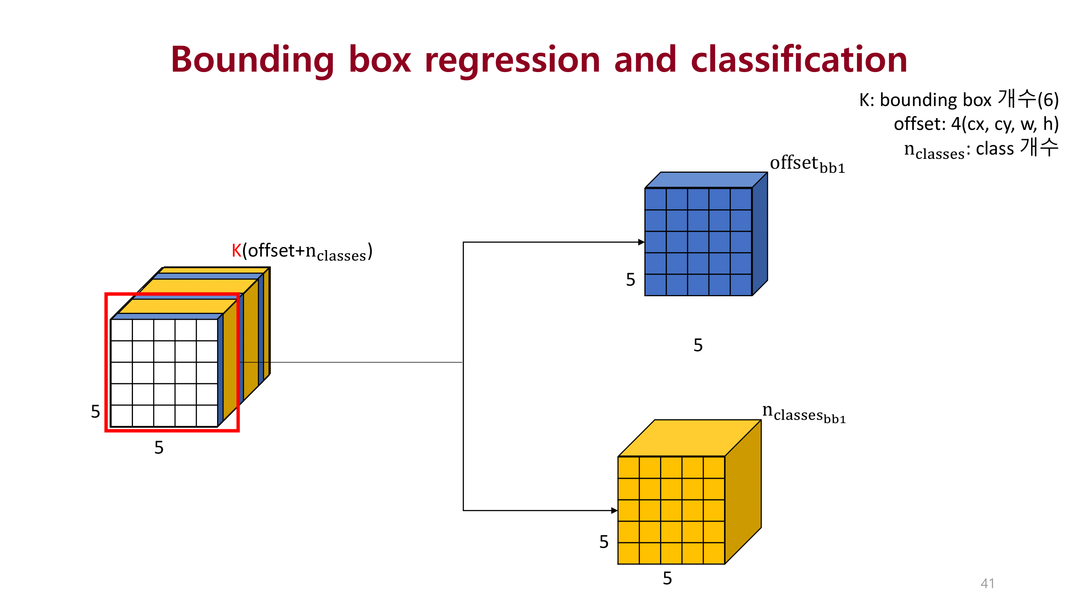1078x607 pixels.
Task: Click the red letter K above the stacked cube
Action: [236, 250]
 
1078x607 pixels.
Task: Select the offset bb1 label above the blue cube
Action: [807, 163]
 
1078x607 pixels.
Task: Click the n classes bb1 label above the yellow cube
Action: [804, 413]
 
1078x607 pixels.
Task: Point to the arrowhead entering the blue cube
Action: [641, 242]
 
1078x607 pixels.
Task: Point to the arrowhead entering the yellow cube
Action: [614, 510]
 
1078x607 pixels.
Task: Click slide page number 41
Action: [987, 583]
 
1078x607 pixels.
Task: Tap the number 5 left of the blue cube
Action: [630, 279]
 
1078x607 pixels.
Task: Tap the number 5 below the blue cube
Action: [698, 345]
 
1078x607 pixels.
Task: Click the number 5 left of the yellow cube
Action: [603, 542]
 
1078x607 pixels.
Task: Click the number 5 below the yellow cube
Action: [667, 578]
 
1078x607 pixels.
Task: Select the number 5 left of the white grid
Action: [95, 412]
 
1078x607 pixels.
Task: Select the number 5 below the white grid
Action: [158, 448]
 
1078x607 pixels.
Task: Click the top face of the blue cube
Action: [706, 180]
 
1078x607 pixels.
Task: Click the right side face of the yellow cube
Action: [743, 492]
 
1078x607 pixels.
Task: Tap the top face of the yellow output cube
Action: [689, 438]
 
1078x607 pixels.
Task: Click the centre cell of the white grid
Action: [164, 373]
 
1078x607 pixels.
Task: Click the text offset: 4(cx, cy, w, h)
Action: [976, 124]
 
